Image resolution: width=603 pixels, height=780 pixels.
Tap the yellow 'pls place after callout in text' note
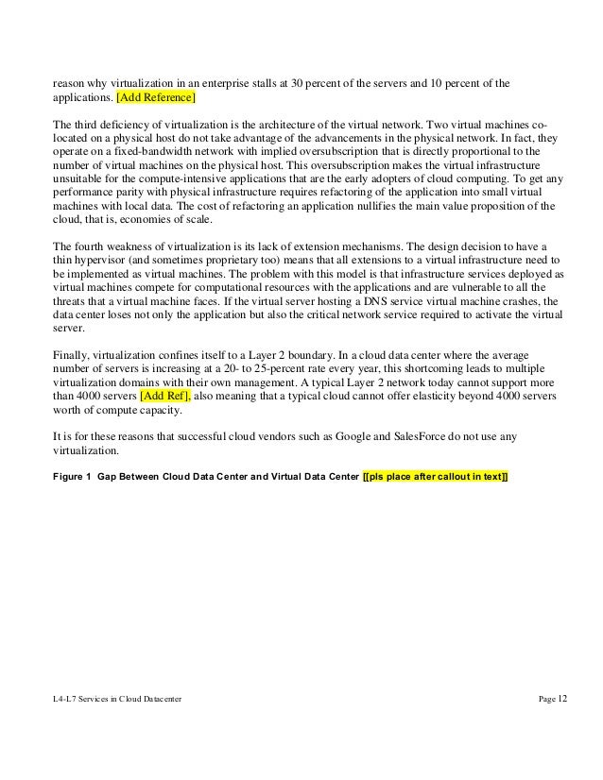(x=436, y=476)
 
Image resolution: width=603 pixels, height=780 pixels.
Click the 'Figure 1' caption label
(x=72, y=476)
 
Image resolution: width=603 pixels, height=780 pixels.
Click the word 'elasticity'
(x=405, y=397)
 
